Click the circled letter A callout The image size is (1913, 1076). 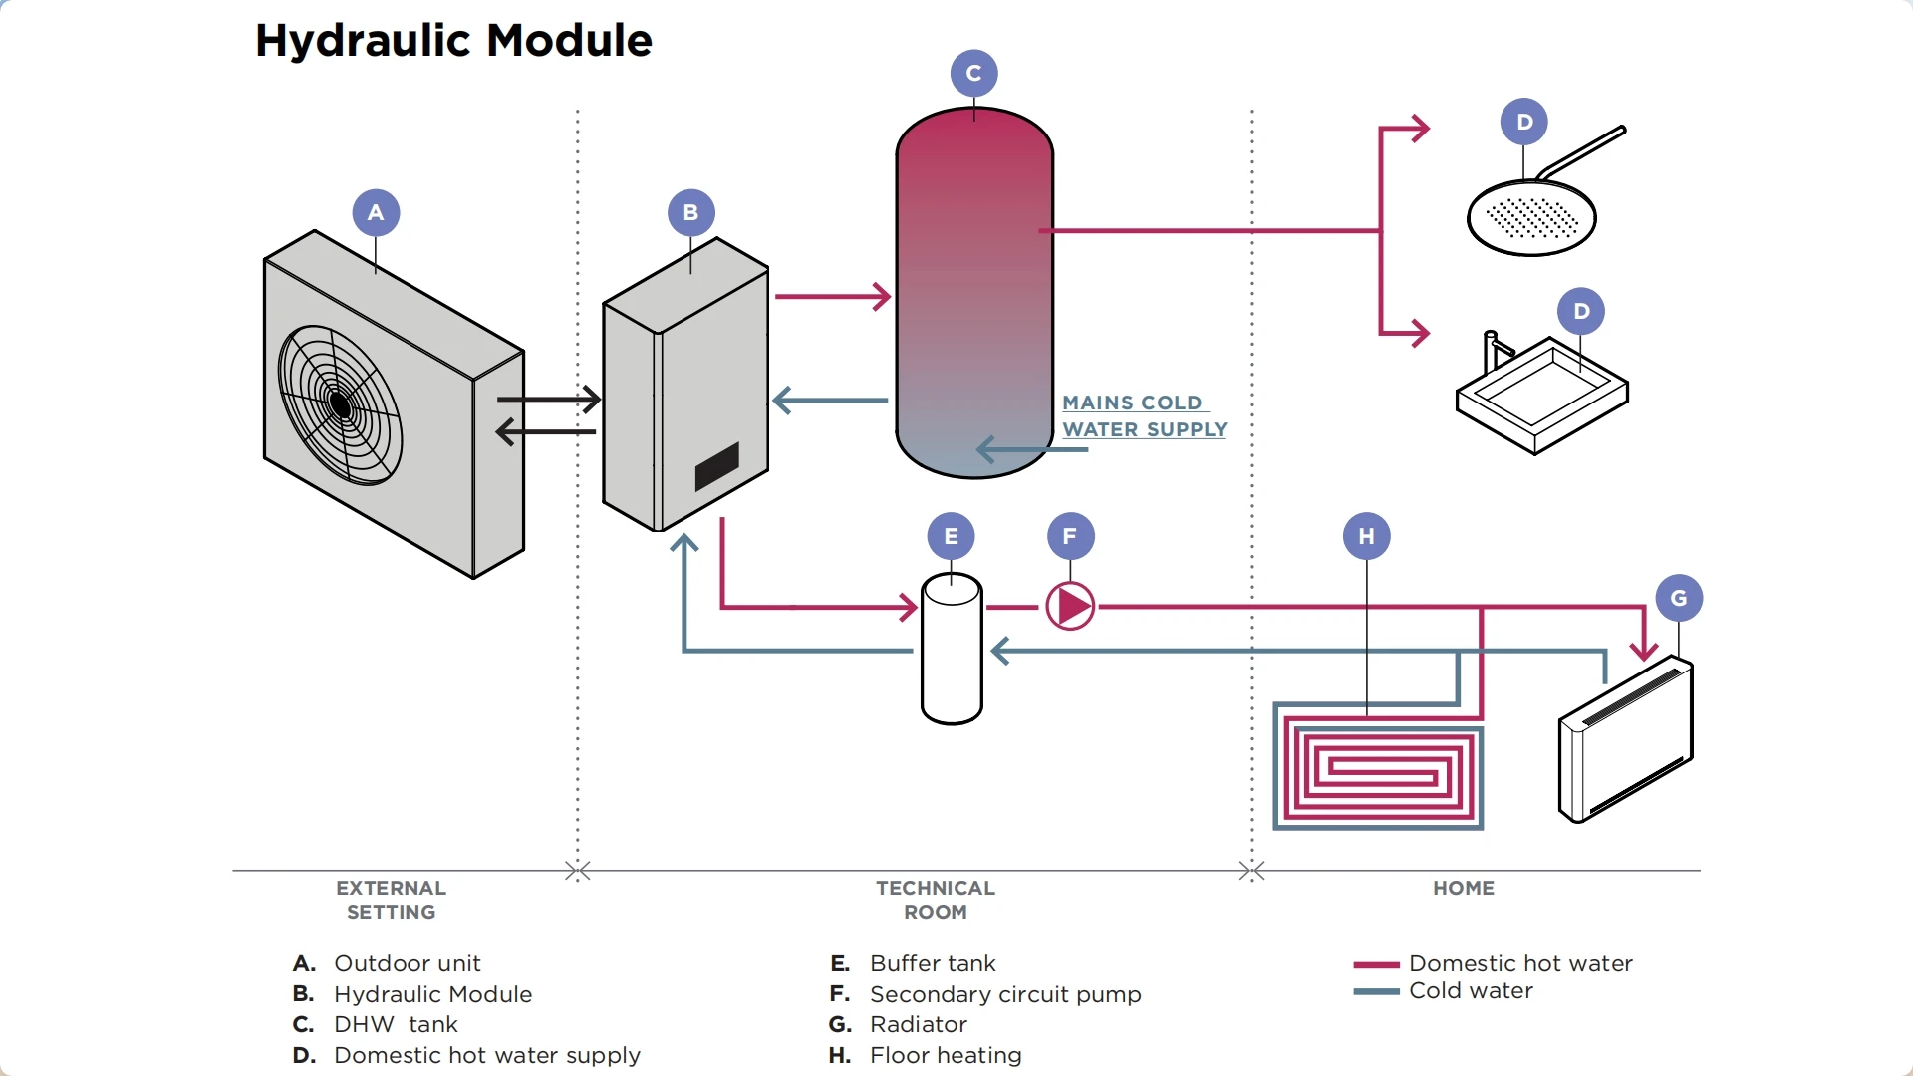coord(376,212)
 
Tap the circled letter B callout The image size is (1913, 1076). coord(690,212)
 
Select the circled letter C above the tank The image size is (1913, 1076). coord(973,73)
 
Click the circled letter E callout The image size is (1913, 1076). coord(951,536)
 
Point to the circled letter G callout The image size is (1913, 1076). coord(1679,598)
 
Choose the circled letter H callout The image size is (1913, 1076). coord(1366,536)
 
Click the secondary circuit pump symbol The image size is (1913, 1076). coord(1070,606)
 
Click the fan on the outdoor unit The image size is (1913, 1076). coord(340,404)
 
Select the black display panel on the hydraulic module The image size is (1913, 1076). coord(716,466)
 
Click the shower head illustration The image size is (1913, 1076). coord(1531,217)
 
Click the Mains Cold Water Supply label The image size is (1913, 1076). coord(1144,416)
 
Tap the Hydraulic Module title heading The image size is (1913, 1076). coord(453,41)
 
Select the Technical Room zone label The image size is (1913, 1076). coord(935,900)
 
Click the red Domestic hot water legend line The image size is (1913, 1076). coord(1376,964)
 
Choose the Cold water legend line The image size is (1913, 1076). coord(1376,991)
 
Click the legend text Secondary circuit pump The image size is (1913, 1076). coord(1004,994)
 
